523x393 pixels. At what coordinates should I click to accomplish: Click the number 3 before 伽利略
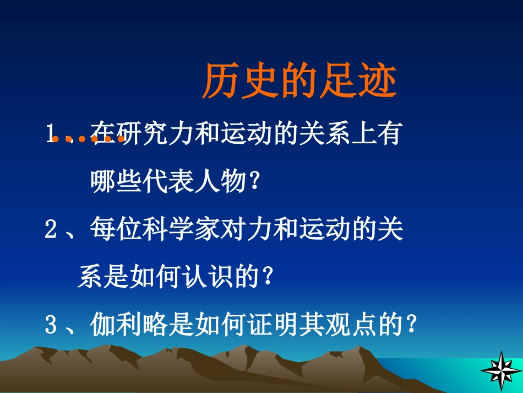51,325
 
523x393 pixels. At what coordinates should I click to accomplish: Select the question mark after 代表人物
253,182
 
